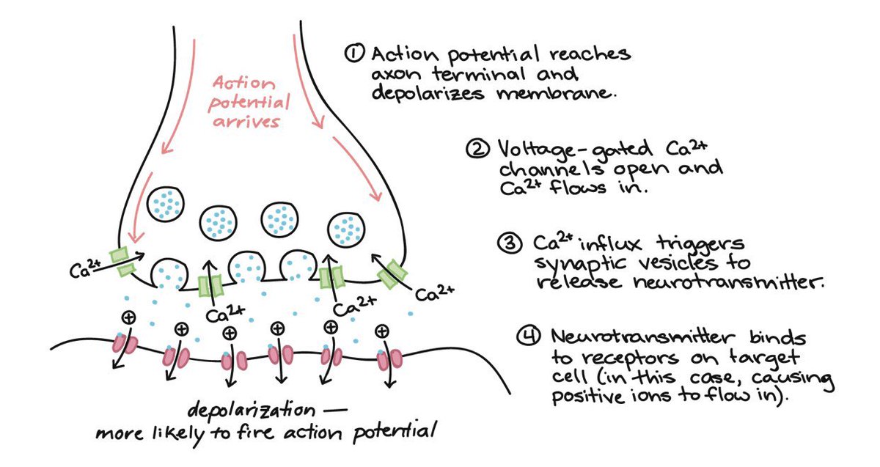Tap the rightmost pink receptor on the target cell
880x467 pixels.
pyautogui.click(x=389, y=358)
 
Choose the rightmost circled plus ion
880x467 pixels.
pyautogui.click(x=381, y=331)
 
